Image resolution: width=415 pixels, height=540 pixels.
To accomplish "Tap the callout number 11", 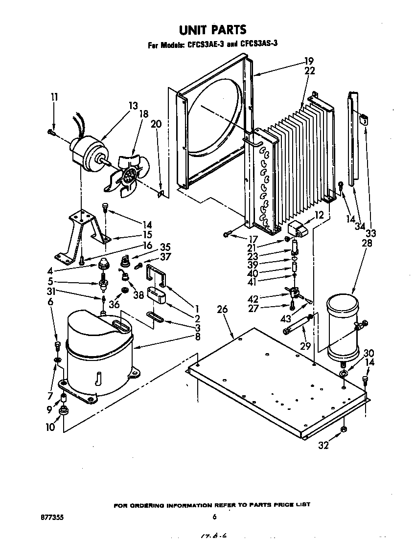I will point(54,97).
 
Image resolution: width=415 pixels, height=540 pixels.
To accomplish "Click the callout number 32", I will point(323,446).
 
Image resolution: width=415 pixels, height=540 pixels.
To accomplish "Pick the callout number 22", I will point(309,71).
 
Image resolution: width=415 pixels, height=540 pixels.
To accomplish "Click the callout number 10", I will point(50,427).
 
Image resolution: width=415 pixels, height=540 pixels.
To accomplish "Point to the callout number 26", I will point(223,310).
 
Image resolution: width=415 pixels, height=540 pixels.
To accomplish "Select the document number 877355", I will point(53,517).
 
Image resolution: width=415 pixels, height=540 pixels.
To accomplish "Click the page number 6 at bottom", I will point(214,517).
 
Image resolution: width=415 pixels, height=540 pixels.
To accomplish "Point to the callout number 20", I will point(156,124).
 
